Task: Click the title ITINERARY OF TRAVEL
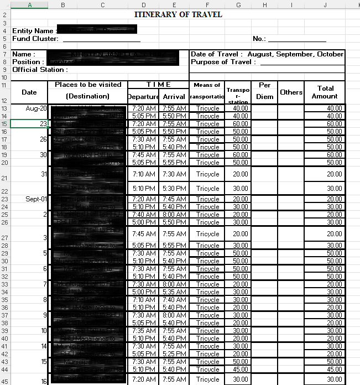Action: [178, 14]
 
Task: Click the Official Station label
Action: [40, 70]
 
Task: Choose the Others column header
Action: [291, 92]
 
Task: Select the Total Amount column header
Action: [325, 92]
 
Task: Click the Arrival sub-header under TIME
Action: [174, 97]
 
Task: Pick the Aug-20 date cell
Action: [36, 108]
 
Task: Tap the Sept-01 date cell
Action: [36, 199]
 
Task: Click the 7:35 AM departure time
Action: [144, 331]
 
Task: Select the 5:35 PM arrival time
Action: [174, 292]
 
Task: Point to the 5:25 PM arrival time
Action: [174, 354]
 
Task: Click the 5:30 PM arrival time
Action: [174, 189]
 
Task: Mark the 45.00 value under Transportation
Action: [240, 370]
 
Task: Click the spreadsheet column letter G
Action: [238, 5]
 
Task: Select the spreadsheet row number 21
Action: [5, 178]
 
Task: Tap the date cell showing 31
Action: [43, 174]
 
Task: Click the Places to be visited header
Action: [88, 85]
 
